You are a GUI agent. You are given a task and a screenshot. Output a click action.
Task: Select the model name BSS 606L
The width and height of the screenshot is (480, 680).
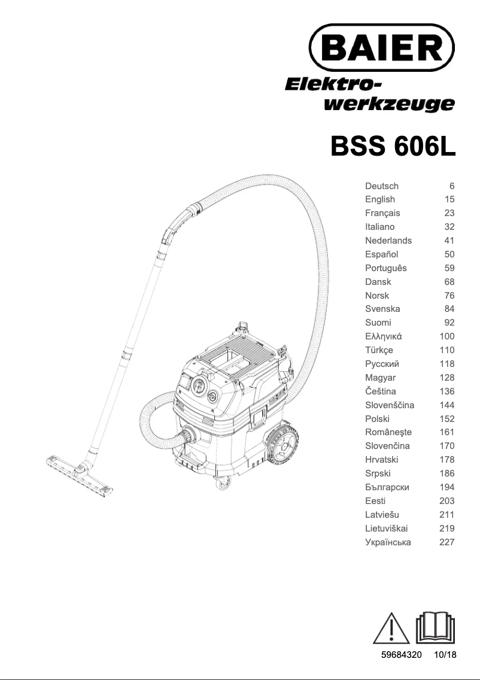pos(393,146)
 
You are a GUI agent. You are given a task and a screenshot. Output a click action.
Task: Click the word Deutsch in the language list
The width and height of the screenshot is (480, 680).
pos(381,186)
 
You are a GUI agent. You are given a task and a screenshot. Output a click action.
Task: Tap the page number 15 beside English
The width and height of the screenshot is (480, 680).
pos(449,199)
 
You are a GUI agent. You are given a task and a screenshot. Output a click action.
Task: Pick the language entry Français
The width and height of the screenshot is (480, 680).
pos(382,213)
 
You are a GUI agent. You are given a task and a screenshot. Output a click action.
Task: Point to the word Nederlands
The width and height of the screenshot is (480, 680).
pos(388,241)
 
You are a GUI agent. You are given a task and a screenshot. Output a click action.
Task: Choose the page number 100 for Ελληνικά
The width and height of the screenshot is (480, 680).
pos(446,336)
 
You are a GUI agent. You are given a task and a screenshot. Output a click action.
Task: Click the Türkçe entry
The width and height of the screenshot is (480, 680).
pos(379,350)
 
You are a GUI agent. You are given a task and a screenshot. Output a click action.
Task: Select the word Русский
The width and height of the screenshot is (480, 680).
pos(382,364)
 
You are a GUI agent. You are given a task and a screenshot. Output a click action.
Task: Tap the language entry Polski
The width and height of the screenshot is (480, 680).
pos(377,418)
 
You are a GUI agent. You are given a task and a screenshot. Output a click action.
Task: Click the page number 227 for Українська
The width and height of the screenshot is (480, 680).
pos(446,542)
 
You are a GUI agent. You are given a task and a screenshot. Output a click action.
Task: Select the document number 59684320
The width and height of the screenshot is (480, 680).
pos(402,655)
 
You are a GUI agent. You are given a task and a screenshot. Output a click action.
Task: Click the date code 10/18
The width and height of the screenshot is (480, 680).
pos(445,655)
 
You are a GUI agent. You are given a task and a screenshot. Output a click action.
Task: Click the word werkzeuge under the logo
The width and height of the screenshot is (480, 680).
pos(388,104)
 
